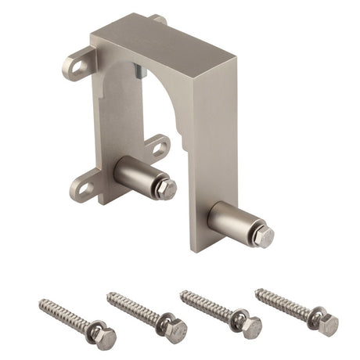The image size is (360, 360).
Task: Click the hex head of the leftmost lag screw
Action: [106, 338]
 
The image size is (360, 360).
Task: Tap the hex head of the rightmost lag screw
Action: [327, 324]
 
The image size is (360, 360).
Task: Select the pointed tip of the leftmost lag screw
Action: [40, 302]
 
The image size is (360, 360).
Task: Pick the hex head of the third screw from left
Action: [250, 326]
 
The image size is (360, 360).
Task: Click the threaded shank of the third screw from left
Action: [205, 305]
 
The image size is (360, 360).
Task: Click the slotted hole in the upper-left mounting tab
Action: [78, 64]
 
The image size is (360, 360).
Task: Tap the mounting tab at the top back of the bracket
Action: [159, 18]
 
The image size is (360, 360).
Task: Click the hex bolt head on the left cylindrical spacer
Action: [165, 188]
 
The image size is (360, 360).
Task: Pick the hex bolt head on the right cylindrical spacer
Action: [264, 236]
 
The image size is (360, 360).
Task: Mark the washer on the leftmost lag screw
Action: [92, 331]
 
